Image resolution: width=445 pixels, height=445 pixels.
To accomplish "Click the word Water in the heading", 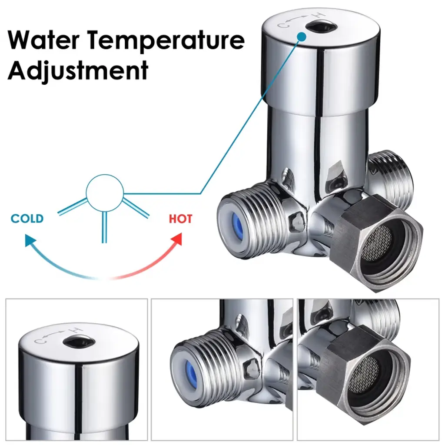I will pyautogui.click(x=44, y=41).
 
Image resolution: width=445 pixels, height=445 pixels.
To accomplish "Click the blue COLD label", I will pyautogui.click(x=27, y=219).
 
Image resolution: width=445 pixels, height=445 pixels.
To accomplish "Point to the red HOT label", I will pyautogui.click(x=180, y=219).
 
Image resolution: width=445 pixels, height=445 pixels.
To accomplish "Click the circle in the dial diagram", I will pyautogui.click(x=105, y=193).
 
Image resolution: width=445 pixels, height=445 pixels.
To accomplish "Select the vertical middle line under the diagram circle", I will pyautogui.click(x=104, y=226).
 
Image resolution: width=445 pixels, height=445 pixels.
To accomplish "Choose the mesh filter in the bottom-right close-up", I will pyautogui.click(x=364, y=370).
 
